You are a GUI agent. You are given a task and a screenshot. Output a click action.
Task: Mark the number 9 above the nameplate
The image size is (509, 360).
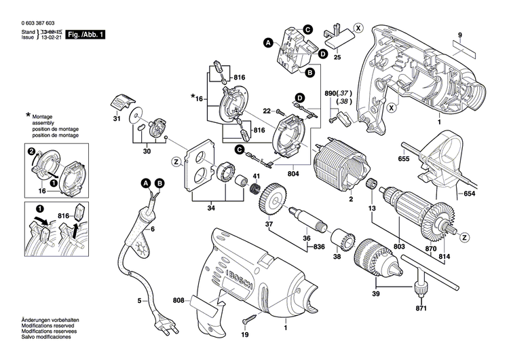[459, 35]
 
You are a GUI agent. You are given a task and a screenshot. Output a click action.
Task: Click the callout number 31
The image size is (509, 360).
[115, 120]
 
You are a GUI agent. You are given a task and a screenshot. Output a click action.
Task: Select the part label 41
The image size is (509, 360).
[257, 177]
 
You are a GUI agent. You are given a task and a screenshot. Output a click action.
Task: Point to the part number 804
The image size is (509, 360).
[293, 173]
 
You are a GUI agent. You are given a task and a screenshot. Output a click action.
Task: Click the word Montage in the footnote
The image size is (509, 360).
[45, 118]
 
